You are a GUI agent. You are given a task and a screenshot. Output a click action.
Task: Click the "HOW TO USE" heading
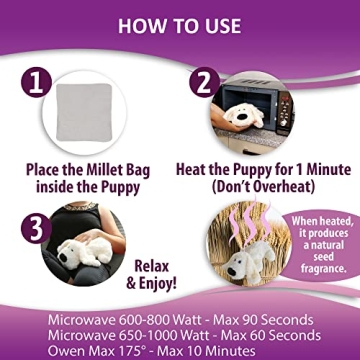click(180, 23)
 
